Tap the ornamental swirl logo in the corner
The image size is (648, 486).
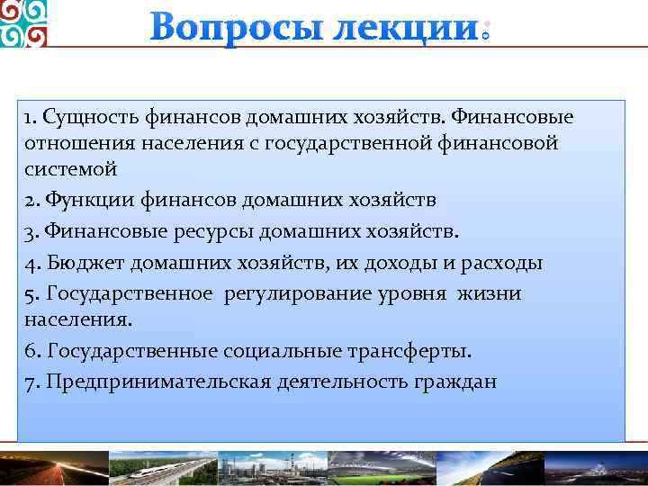pos(23,23)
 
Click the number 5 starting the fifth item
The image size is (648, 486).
pos(30,293)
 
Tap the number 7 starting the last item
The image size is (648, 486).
pos(30,381)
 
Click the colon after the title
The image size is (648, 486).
pos(485,31)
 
